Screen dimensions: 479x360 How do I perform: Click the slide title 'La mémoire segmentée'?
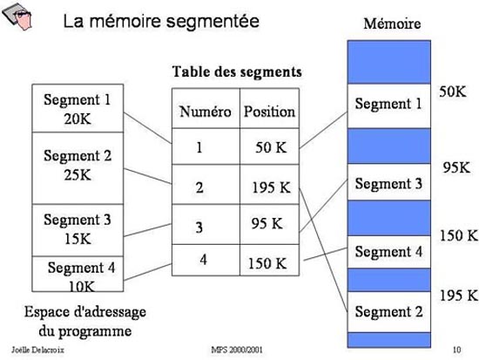161,22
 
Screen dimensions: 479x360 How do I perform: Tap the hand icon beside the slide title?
17,17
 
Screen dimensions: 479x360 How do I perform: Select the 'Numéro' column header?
206,112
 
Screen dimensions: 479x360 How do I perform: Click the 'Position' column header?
269,112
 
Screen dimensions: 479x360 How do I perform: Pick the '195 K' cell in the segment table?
269,185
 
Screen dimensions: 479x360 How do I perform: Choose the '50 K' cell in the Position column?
269,146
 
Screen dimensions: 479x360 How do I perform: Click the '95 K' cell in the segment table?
269,224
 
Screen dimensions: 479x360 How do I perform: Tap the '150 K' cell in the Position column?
269,260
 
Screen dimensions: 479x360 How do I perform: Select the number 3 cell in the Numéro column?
206,224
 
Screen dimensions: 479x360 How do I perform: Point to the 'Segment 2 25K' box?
78,168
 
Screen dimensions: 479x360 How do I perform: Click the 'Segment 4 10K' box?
78,274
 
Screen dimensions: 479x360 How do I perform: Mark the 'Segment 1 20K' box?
78,108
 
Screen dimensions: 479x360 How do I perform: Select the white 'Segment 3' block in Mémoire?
389,182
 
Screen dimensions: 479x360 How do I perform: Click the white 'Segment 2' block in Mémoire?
389,312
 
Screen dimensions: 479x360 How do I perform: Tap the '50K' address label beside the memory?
453,92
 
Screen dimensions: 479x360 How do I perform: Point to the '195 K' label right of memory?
458,295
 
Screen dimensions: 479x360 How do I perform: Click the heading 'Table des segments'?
237,72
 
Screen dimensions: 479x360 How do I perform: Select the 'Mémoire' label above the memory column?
392,24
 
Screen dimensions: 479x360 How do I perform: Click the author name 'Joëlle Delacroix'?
37,350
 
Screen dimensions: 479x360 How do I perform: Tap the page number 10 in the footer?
456,350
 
